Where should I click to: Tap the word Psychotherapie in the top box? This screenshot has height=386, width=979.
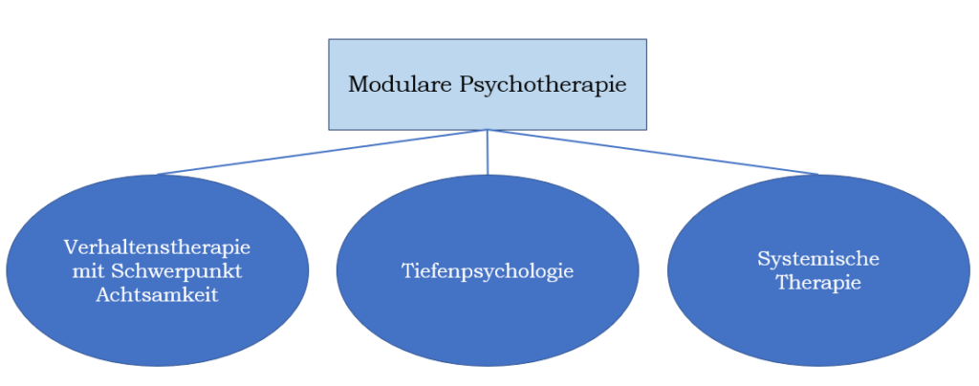pos(543,85)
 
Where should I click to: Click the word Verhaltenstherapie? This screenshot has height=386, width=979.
pos(157,247)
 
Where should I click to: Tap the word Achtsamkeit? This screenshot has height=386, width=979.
pos(157,295)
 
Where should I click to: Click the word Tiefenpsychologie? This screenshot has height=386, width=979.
pos(488,271)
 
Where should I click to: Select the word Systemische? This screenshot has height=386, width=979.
pos(818,259)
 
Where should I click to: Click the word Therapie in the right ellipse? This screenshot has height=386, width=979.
pos(818,283)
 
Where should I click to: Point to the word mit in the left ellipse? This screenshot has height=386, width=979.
pos(87,271)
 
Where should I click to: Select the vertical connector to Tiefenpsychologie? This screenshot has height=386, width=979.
pos(488,153)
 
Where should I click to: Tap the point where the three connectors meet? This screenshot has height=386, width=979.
pos(488,130)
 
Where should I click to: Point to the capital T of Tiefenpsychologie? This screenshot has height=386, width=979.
pos(406,271)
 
